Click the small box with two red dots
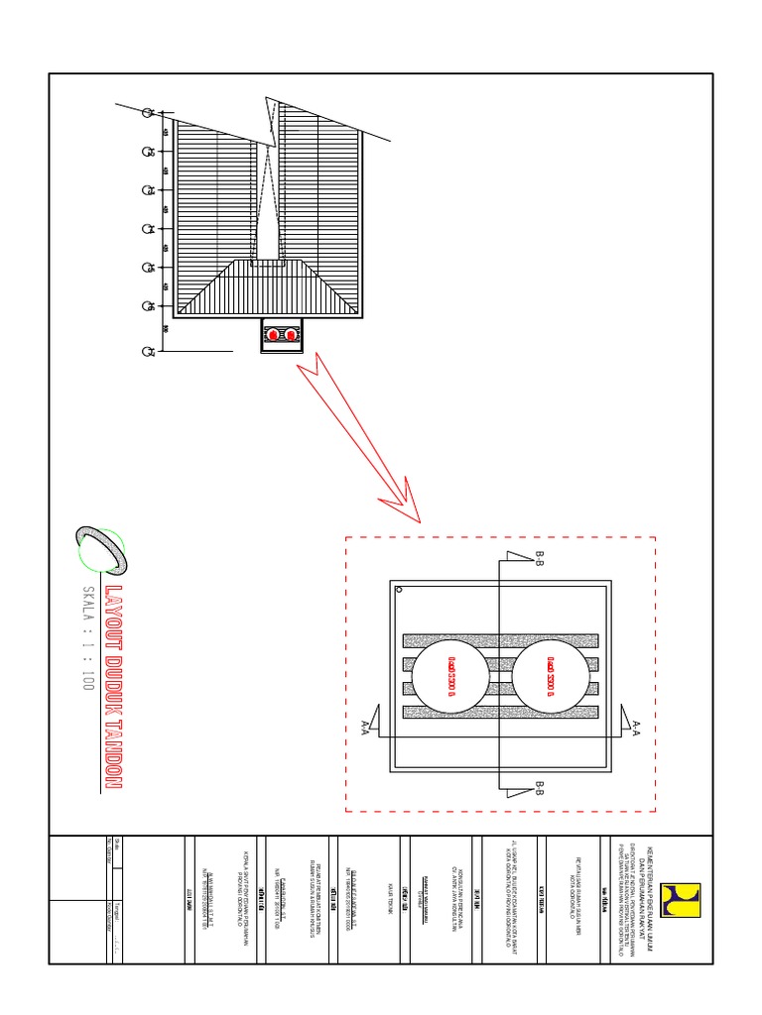point(282,336)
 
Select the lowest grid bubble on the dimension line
point(149,351)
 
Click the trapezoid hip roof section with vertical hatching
point(268,286)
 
